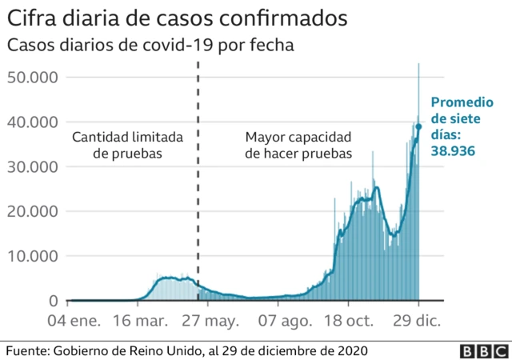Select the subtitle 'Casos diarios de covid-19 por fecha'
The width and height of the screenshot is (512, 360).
point(150,46)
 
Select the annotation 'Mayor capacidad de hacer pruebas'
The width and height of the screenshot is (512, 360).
point(298,145)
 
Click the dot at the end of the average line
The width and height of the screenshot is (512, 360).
point(418,126)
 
